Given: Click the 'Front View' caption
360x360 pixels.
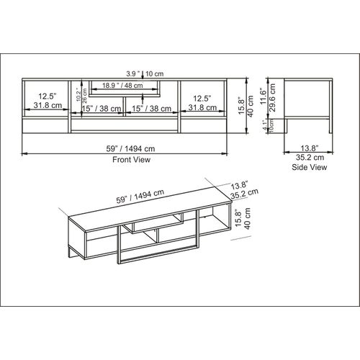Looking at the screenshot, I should coord(131,160).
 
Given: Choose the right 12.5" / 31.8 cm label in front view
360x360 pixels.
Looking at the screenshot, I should coord(200,100).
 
